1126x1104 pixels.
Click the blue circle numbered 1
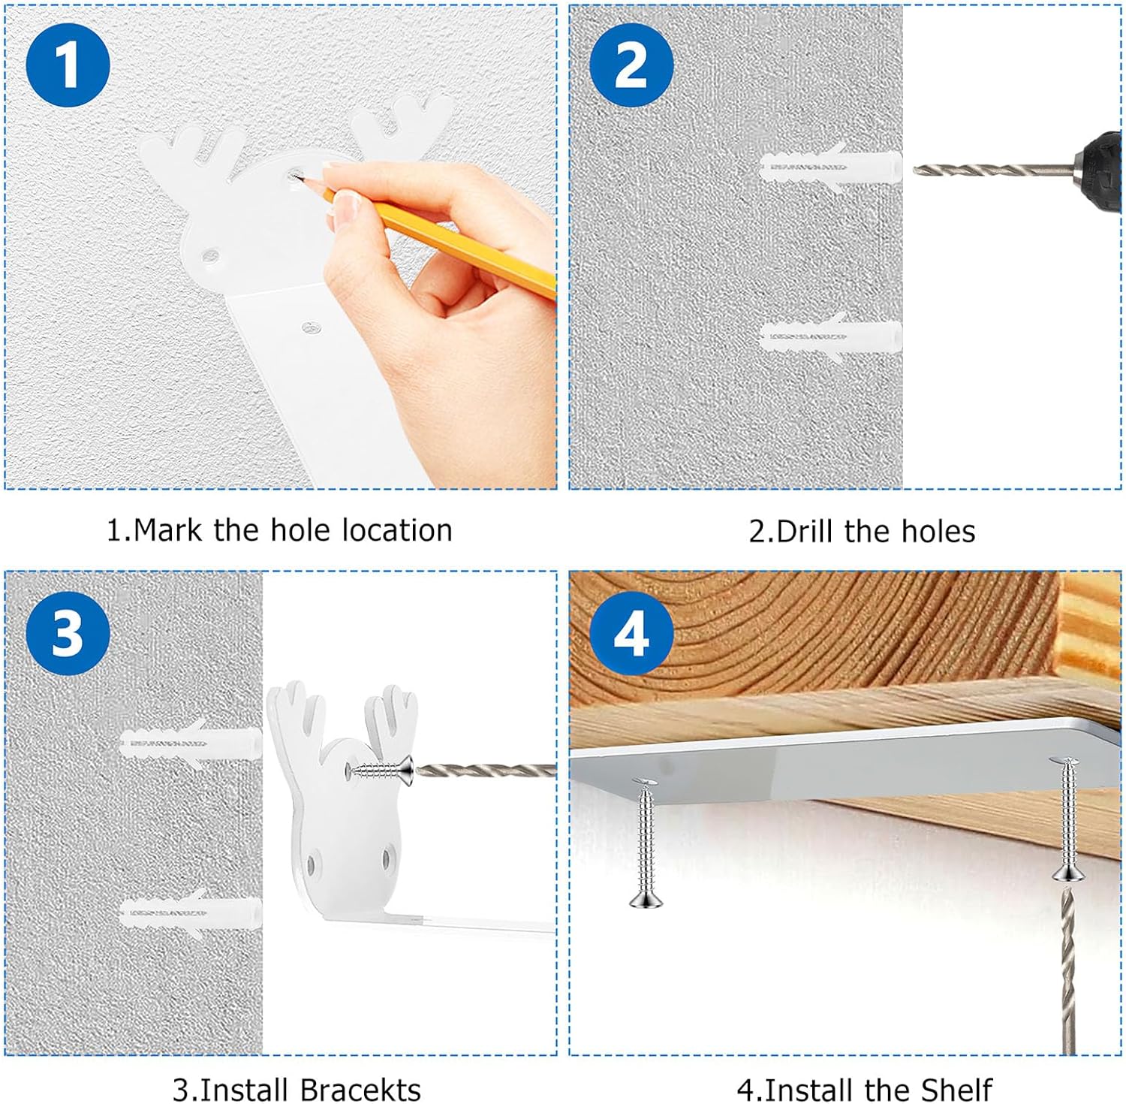[68, 65]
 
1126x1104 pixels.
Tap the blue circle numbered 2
[631, 65]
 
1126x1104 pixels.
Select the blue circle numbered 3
[68, 632]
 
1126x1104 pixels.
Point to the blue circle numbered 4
[631, 632]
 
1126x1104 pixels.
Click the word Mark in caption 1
[167, 530]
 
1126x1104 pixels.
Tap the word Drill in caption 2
[805, 531]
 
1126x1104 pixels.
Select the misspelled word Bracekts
[360, 1090]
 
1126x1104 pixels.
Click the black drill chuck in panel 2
[1096, 170]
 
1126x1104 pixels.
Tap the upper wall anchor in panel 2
[830, 166]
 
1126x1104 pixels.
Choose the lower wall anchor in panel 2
[830, 336]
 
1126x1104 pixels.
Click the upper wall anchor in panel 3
[191, 743]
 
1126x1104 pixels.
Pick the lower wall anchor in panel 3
[191, 912]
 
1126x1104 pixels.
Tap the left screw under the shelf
[646, 845]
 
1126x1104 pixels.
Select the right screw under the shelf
[1067, 820]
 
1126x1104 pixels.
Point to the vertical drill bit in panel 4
[1067, 971]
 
